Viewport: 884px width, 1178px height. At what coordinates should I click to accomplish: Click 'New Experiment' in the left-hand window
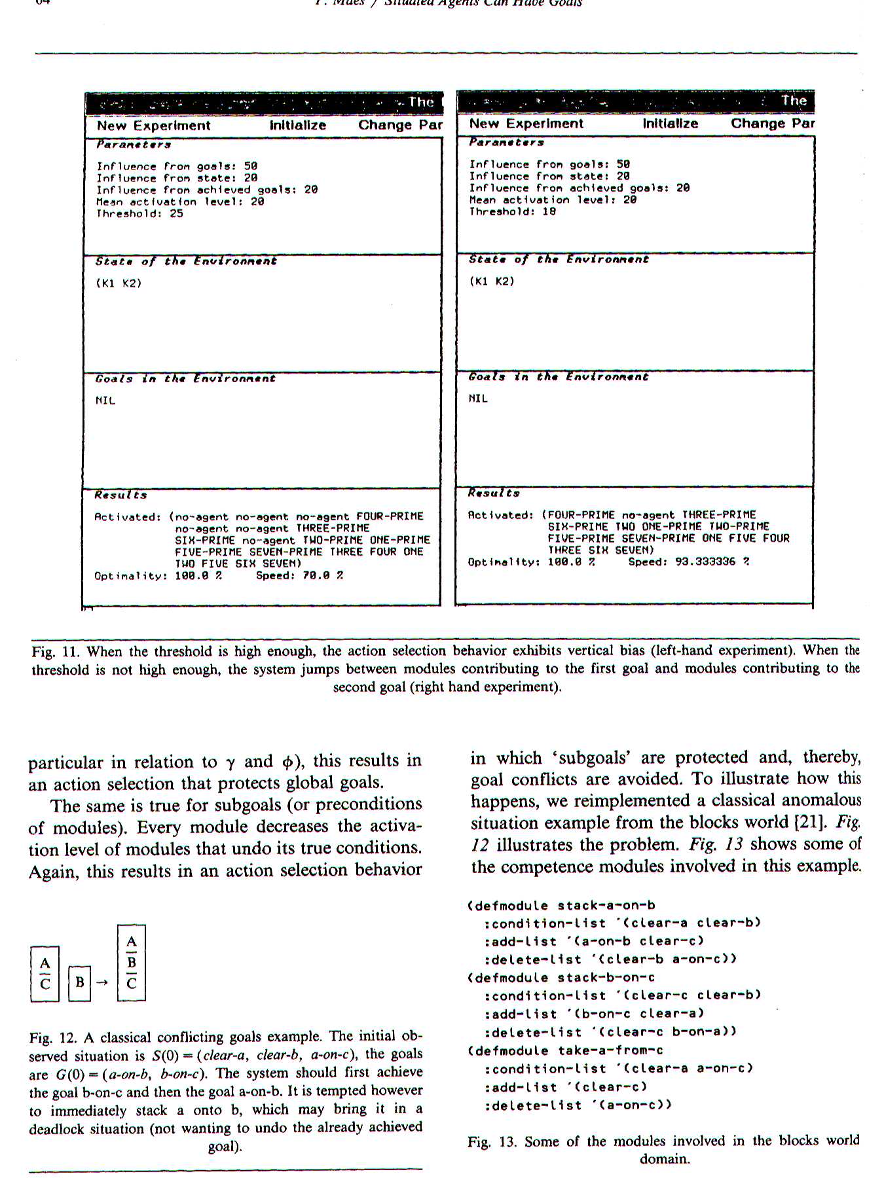[x=153, y=126]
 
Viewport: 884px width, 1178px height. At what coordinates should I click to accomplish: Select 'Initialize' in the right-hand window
[x=670, y=124]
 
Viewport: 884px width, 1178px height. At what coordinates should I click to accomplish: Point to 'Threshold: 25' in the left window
[x=139, y=213]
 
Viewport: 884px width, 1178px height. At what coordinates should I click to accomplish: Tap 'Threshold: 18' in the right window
[x=512, y=211]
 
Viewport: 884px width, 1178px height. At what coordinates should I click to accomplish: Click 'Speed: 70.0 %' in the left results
[x=299, y=575]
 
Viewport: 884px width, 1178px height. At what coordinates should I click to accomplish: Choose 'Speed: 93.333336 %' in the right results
[x=688, y=562]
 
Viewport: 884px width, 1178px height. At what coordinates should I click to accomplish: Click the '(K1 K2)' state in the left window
[x=119, y=283]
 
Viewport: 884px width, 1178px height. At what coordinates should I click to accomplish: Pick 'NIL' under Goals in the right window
[x=478, y=398]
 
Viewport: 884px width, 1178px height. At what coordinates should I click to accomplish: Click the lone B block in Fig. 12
[x=80, y=982]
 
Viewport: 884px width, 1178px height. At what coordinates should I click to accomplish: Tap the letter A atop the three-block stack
[x=132, y=942]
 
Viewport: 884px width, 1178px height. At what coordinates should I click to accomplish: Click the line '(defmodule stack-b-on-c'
[x=561, y=977]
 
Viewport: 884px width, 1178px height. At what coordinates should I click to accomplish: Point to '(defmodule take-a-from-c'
[x=565, y=1050]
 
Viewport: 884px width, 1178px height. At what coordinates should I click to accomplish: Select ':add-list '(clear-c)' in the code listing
[x=565, y=1086]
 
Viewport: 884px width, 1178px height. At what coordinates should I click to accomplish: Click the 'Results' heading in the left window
[x=120, y=495]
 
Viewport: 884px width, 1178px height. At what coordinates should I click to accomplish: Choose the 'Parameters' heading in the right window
[x=506, y=142]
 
